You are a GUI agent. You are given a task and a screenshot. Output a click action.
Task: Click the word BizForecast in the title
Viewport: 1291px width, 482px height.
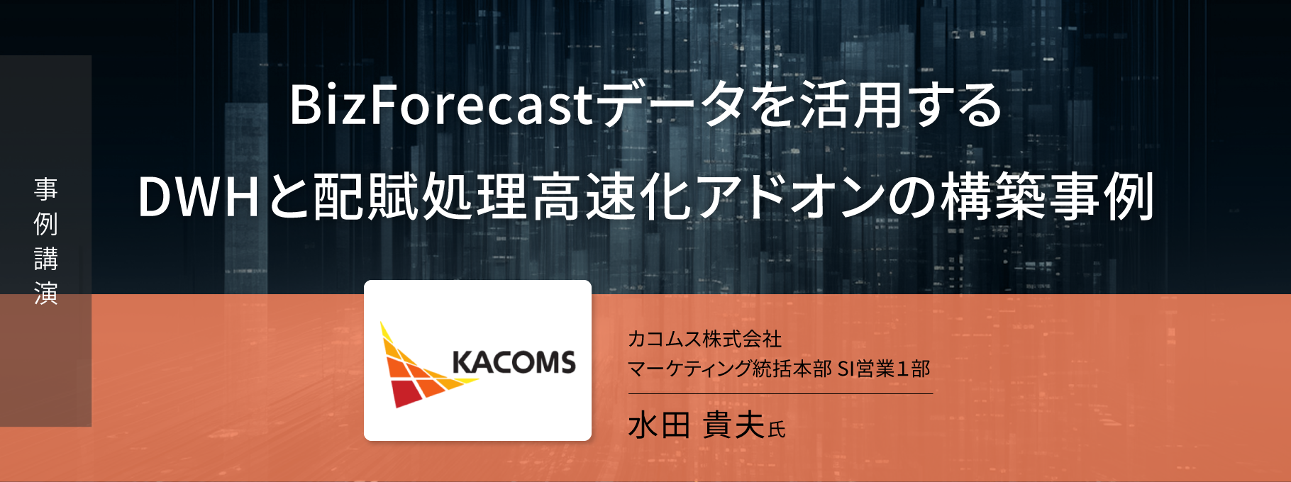tap(441, 105)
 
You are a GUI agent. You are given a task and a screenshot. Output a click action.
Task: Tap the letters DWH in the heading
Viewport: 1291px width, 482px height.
tap(199, 196)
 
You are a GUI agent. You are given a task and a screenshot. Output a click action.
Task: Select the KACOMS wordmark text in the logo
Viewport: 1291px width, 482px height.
tap(514, 362)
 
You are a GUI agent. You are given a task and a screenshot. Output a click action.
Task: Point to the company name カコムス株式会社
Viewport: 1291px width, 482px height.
tap(704, 339)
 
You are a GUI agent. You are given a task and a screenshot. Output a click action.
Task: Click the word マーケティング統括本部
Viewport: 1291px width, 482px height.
tap(730, 369)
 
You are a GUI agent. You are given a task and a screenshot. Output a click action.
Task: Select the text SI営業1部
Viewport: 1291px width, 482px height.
tap(884, 369)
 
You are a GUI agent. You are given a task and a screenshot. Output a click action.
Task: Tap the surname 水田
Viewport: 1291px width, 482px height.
tap(659, 425)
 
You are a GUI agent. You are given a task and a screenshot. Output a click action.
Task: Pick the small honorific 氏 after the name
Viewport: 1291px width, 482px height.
tap(777, 430)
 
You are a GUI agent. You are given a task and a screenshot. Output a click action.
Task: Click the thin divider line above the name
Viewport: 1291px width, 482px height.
tap(780, 393)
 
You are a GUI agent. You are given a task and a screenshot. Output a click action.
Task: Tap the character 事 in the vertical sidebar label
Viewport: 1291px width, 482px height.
tap(46, 189)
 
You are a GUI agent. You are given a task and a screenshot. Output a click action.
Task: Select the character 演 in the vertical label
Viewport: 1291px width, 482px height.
tap(46, 293)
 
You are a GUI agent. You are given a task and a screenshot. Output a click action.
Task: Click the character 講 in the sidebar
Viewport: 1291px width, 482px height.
tap(46, 259)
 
